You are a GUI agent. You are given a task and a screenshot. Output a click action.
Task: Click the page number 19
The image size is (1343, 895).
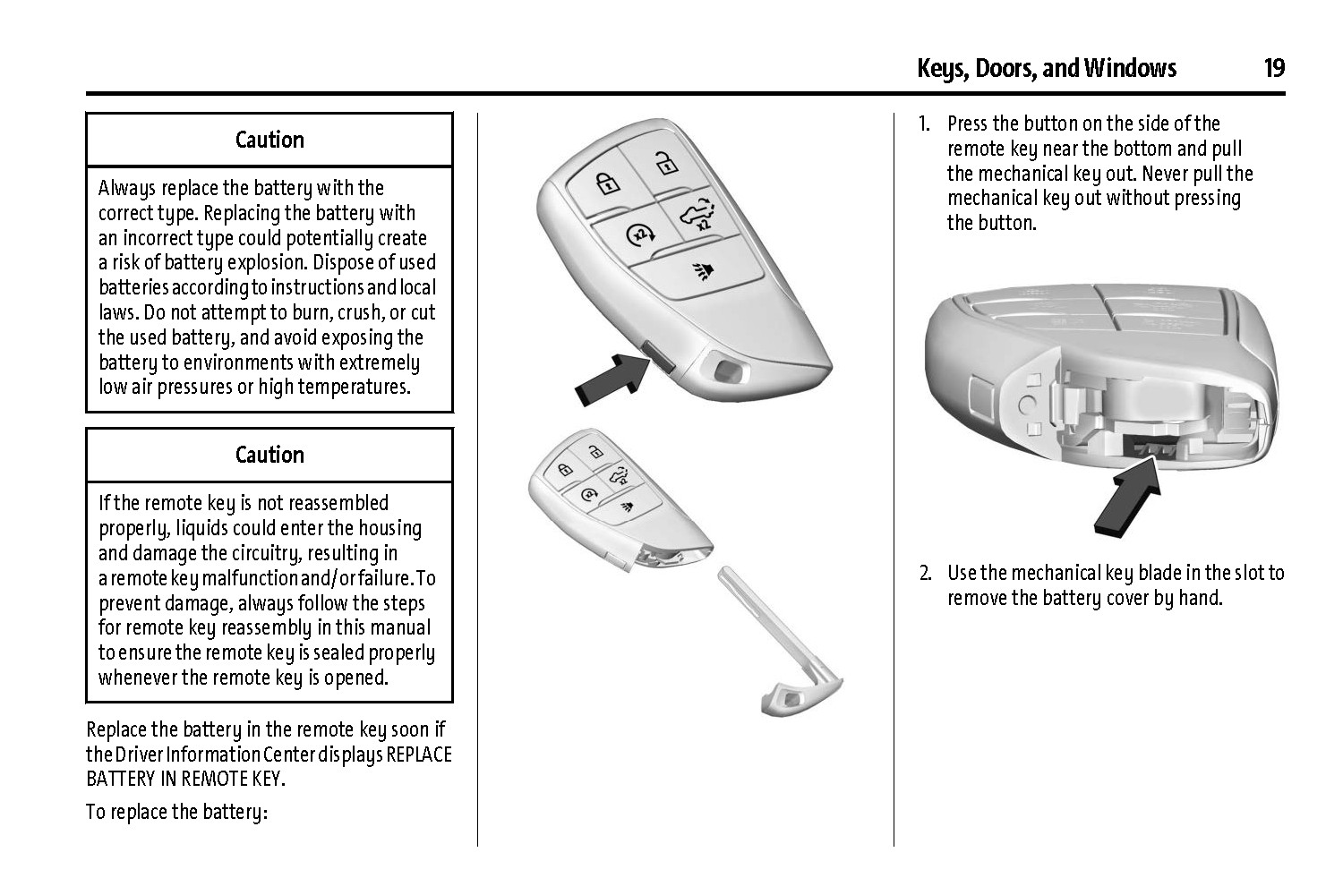pyautogui.click(x=1274, y=68)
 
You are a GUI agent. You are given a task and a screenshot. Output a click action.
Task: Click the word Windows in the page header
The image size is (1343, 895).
pyautogui.click(x=1130, y=68)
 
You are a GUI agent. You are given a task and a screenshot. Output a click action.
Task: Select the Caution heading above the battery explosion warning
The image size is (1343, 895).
pyautogui.click(x=269, y=140)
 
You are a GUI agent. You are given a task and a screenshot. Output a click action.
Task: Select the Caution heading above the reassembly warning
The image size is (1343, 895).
pyautogui.click(x=269, y=455)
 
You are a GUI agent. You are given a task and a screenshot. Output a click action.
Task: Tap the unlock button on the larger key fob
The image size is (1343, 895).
pyautogui.click(x=663, y=165)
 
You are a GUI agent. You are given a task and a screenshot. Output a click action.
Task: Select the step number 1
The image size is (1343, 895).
pyautogui.click(x=925, y=124)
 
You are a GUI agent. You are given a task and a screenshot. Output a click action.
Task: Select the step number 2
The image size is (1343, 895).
pyautogui.click(x=925, y=573)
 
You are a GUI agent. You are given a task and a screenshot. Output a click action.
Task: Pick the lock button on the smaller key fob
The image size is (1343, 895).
pyautogui.click(x=564, y=470)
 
